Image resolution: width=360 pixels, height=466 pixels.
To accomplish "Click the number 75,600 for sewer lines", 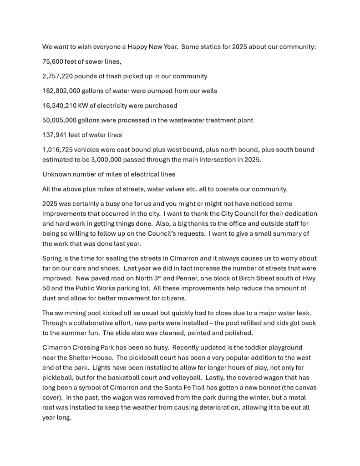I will pyautogui.click(x=54, y=61).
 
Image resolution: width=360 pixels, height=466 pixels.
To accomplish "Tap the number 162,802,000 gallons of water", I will pyautogui.click(x=62, y=91).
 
